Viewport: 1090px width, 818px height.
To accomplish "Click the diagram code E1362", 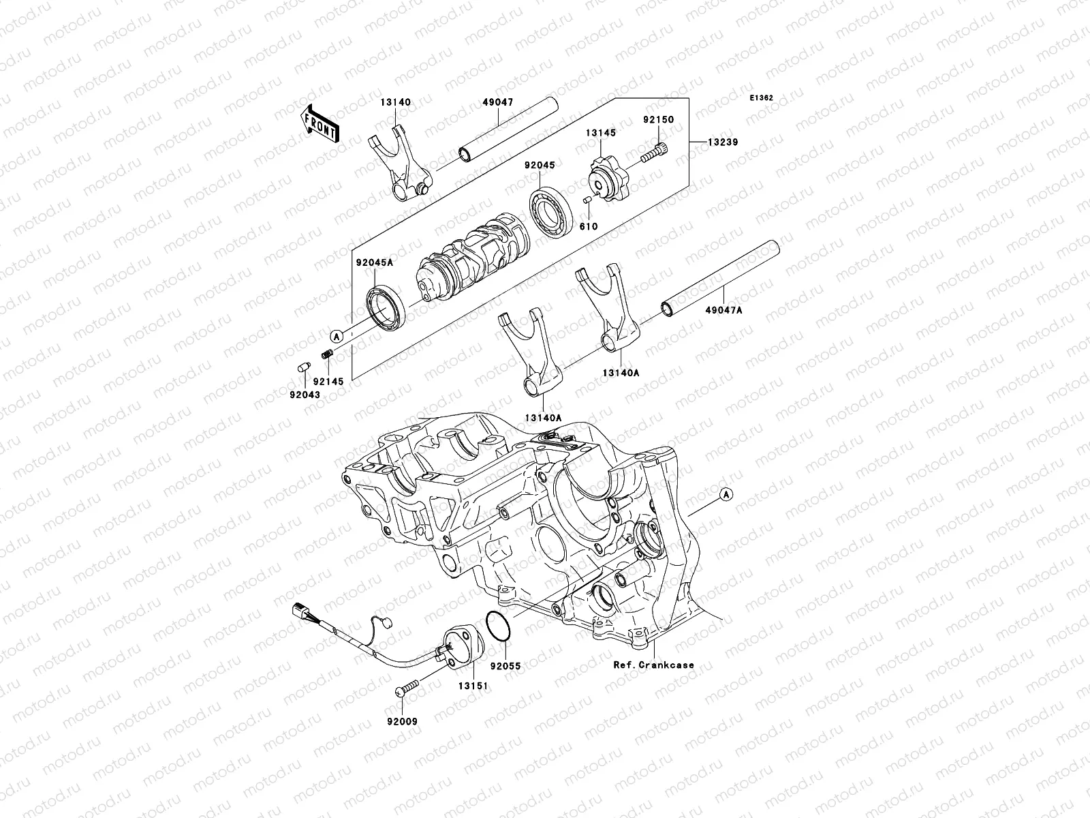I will point(761,98).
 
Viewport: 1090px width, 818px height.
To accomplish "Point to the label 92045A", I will point(373,262).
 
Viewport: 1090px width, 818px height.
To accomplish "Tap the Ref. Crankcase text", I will point(653,665).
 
